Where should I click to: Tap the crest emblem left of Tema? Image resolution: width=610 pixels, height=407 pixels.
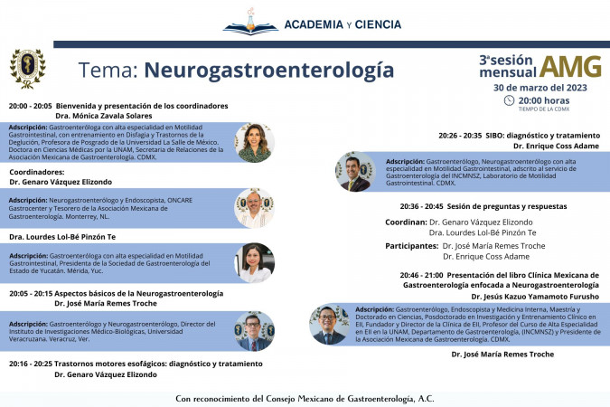27,69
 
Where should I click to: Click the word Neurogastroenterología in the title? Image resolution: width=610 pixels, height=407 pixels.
269,70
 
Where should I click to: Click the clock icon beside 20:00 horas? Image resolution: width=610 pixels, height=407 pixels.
509,100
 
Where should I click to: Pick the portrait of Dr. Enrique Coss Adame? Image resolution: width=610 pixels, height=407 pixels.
355,171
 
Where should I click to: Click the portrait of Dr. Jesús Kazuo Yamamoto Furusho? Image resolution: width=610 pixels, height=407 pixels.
329,324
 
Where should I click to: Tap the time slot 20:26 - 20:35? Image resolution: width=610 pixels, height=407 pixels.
460,135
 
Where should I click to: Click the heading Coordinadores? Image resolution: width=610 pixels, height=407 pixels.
37,171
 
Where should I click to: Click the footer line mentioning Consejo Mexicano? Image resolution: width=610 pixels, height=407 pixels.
304,398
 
